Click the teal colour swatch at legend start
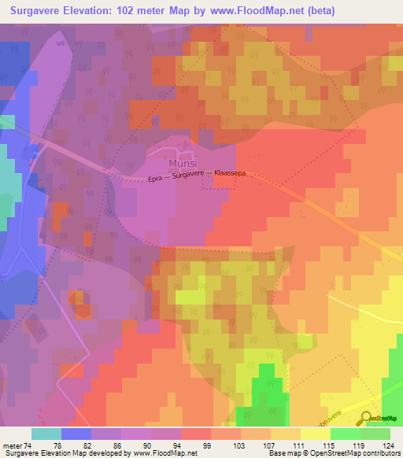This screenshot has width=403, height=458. pyautogui.click(x=46, y=434)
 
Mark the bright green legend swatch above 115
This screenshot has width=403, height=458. pyautogui.click(x=346, y=434)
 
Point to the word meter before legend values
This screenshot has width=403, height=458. pyautogui.click(x=12, y=445)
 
